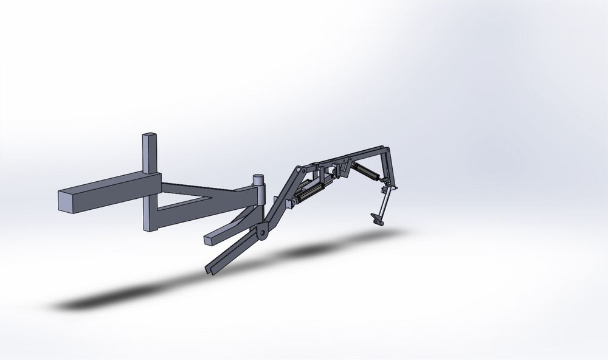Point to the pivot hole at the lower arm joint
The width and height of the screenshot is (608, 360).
(263, 232)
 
